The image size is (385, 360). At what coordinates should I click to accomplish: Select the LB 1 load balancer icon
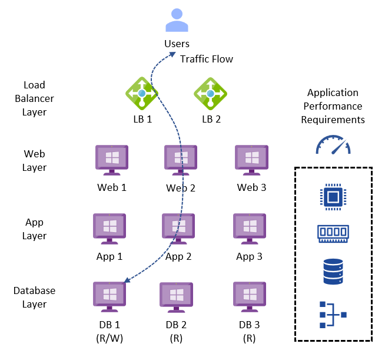[x=141, y=93]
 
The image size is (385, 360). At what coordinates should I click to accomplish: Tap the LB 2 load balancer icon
[x=211, y=93]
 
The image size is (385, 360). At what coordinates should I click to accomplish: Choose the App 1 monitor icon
[x=109, y=229]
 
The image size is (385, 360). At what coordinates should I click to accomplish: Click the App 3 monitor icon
[x=250, y=229]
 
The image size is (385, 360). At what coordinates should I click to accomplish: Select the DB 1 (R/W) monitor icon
[x=109, y=297]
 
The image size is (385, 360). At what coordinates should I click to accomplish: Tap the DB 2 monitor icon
[x=177, y=297]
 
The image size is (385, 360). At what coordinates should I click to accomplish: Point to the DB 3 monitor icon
[x=250, y=297]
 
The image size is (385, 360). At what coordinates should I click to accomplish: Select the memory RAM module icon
[x=333, y=233]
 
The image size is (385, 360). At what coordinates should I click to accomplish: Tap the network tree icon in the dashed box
[x=333, y=315]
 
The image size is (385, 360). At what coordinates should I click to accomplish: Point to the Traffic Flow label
[x=206, y=59]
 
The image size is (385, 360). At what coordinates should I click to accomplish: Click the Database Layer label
[x=35, y=298]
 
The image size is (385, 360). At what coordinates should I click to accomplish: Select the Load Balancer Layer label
[x=35, y=98]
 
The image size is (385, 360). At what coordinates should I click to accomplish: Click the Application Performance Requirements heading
[x=333, y=106]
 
